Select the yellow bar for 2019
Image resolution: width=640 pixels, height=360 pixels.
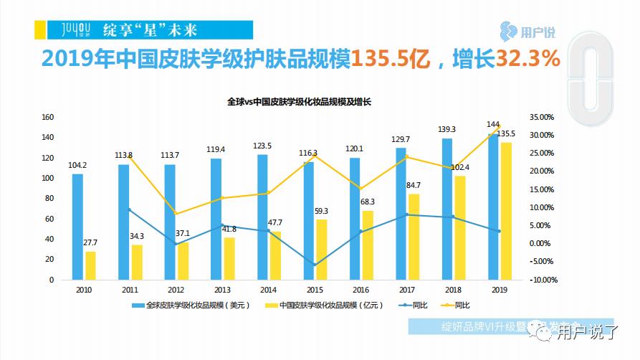pos(507,211)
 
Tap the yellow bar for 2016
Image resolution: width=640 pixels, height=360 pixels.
pos(368,245)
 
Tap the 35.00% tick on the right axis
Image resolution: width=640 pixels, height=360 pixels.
pos(541,117)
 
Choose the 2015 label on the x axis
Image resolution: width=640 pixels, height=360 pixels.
pos(314,290)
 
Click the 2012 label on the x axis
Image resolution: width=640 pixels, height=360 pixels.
pos(175,290)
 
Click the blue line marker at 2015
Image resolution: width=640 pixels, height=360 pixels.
pos(314,265)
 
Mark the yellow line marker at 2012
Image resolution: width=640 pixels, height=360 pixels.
pos(175,214)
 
